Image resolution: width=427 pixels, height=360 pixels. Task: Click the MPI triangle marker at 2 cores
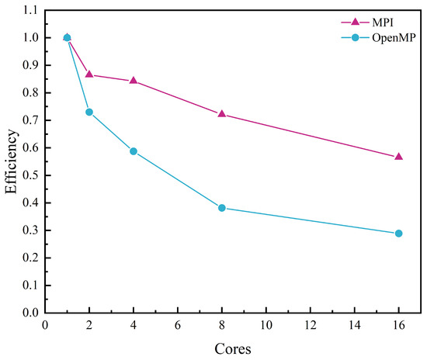pos(89,74)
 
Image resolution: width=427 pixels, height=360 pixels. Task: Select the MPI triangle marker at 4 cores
pos(134,80)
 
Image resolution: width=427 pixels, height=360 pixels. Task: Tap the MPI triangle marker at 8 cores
pos(222,113)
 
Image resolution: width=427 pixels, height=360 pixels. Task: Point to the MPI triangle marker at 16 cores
pos(399,156)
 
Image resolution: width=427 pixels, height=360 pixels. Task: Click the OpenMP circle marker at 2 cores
pos(89,112)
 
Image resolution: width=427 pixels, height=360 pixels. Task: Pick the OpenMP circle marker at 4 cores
pos(134,151)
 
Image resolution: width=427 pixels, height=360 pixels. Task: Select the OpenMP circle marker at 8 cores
pos(222,208)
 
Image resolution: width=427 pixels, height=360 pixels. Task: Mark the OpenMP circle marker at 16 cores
pos(399,234)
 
